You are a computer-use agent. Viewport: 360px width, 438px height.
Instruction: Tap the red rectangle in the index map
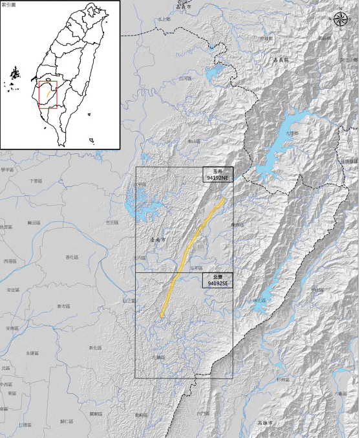48,93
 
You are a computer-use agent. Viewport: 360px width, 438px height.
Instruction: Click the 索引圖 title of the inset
8,5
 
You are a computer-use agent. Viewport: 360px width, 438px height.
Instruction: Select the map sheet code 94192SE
217,283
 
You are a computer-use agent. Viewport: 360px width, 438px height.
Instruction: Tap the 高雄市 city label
265,422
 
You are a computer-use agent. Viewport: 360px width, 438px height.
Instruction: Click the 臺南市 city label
157,239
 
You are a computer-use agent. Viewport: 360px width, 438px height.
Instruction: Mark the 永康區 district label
32,353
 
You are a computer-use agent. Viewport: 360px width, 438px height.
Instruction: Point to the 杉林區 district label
282,379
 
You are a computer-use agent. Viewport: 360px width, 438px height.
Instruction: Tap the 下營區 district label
36,181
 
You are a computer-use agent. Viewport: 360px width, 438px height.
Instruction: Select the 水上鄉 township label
164,19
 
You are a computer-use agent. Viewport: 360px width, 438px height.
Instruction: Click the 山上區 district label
130,300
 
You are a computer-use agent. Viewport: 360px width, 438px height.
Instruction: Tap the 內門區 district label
203,413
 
